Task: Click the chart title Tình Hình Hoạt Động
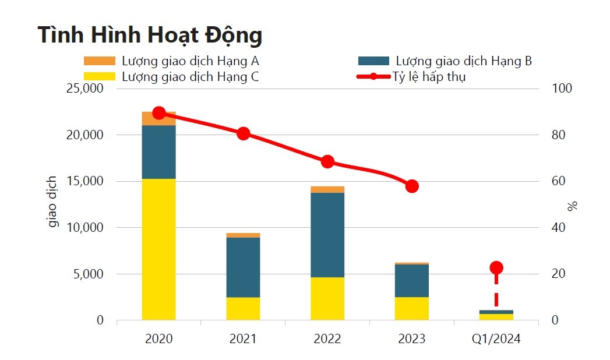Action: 150,36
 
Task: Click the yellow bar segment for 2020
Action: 158,249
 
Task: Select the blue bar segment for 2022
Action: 327,235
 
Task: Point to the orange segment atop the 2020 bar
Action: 158,119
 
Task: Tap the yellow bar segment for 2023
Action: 412,309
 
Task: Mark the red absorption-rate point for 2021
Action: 244,133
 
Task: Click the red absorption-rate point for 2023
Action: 412,186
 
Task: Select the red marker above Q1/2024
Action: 496,268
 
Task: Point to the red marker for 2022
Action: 327,162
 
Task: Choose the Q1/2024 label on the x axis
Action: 496,339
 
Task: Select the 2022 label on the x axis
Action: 327,339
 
